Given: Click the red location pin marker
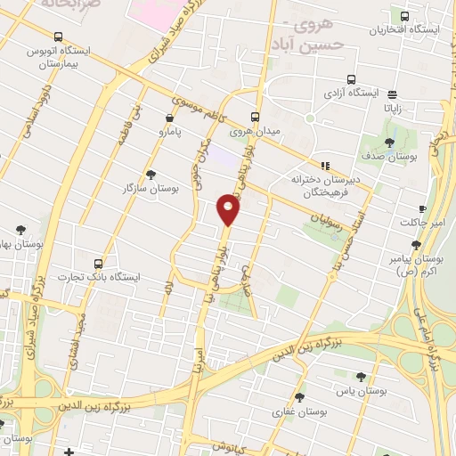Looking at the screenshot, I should point(229,210).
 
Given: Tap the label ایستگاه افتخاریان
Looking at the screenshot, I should point(406,29).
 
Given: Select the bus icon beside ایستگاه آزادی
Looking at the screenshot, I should point(351,79).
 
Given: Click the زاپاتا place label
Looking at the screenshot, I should point(392,107).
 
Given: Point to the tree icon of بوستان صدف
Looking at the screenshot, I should point(389,143).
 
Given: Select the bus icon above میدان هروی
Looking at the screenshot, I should point(256,117).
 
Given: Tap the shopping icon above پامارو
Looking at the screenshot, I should point(169,118).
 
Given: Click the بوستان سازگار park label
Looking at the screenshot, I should point(150,189).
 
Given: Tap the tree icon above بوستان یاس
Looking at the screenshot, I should point(360,377).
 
